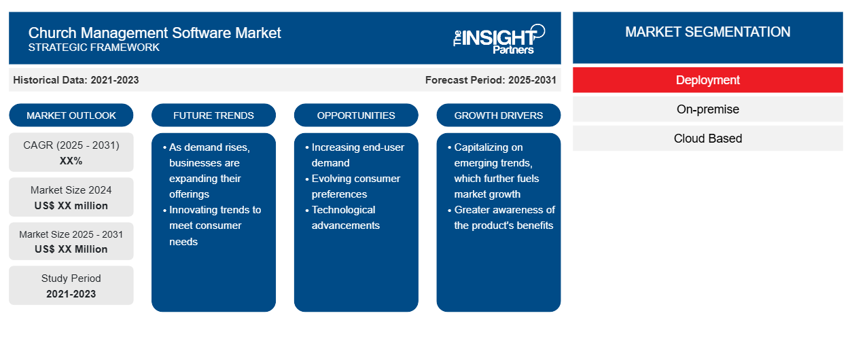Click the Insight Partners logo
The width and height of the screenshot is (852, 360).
click(499, 39)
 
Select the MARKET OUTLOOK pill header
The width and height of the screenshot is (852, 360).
click(71, 115)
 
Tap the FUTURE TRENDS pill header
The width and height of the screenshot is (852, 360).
click(213, 115)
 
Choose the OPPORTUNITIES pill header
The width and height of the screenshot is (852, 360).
click(356, 115)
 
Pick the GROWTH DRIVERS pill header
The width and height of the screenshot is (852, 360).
click(498, 115)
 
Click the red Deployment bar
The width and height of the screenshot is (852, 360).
click(708, 80)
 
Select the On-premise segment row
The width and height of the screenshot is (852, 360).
click(708, 109)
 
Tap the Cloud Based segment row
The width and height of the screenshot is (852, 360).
click(708, 139)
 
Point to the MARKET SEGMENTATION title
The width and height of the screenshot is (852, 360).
click(708, 32)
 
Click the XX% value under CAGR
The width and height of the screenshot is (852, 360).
click(71, 161)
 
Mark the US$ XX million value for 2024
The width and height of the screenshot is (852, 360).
click(71, 206)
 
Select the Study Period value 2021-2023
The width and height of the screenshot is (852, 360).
click(71, 294)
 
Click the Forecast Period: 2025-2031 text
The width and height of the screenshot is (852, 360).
click(491, 80)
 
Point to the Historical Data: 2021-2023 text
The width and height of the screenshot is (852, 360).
click(76, 80)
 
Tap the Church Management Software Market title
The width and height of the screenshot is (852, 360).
click(154, 33)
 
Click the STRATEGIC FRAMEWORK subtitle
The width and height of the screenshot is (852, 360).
click(94, 48)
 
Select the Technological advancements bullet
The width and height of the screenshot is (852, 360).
click(343, 217)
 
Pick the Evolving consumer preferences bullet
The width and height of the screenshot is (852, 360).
click(353, 186)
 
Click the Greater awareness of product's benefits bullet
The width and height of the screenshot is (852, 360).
click(501, 217)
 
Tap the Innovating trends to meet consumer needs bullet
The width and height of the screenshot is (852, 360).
click(212, 226)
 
